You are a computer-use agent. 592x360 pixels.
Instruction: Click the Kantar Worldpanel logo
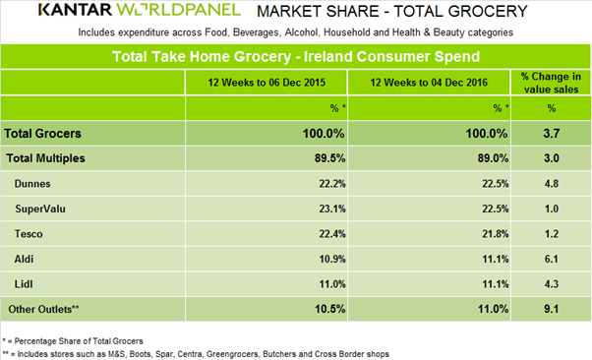[x=140, y=10]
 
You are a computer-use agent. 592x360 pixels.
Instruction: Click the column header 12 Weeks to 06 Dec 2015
[x=266, y=83]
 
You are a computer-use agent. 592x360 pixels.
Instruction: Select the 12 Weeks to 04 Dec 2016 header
[x=429, y=83]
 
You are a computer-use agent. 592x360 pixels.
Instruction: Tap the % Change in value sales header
[x=552, y=83]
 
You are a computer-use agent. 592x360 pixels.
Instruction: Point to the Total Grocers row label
[x=42, y=134]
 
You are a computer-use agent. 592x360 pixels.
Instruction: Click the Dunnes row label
[x=32, y=184]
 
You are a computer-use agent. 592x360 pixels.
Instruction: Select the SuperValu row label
[x=40, y=209]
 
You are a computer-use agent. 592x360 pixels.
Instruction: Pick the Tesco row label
[x=29, y=234]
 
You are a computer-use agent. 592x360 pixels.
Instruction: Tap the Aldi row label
[x=24, y=259]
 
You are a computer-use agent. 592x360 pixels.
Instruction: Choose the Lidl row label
[x=24, y=284]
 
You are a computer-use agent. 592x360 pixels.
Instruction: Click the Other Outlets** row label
[x=44, y=309]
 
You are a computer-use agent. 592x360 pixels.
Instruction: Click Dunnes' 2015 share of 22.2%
[x=332, y=184]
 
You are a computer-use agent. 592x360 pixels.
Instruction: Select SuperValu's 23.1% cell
[x=332, y=209]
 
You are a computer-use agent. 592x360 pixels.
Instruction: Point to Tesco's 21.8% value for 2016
[x=496, y=234]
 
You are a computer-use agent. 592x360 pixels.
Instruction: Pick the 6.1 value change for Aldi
[x=552, y=259]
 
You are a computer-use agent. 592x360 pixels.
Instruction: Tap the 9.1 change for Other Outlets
[x=552, y=309]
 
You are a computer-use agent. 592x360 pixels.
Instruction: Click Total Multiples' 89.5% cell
[x=330, y=158]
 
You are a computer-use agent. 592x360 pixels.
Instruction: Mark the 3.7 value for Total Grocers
[x=552, y=134]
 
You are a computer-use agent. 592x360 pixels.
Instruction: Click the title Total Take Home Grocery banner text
[x=296, y=57]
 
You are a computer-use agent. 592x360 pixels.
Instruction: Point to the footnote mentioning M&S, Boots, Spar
[x=196, y=354]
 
